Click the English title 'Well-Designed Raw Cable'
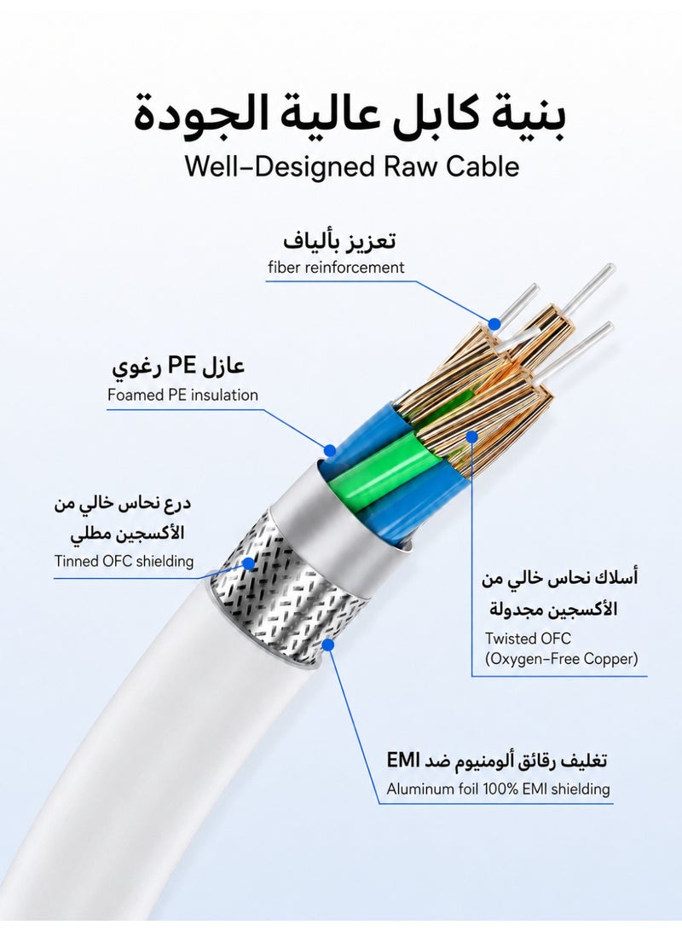click(x=352, y=166)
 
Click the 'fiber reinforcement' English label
click(x=336, y=267)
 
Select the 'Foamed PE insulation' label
click(x=182, y=395)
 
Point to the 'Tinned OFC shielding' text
click(x=124, y=561)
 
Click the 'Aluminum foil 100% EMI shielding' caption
click(x=499, y=789)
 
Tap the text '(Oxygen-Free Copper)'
click(x=562, y=658)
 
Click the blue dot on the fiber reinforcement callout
click(x=494, y=324)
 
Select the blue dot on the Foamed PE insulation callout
click(x=330, y=450)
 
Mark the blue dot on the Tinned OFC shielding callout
click(x=250, y=563)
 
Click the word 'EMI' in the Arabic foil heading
click(x=403, y=760)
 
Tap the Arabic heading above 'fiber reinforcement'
click(x=339, y=241)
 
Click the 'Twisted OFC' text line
click(x=528, y=639)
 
